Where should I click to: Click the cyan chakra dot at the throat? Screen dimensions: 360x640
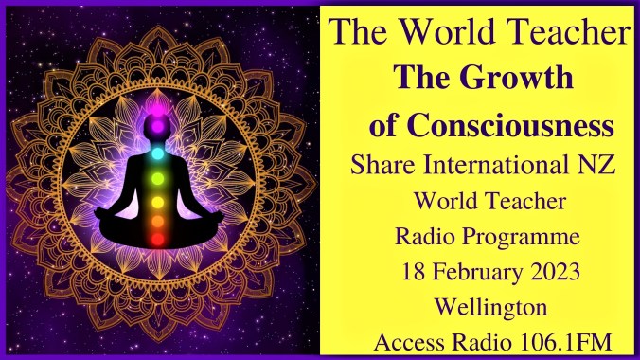click(159, 152)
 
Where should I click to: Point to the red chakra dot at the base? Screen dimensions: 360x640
click(159, 240)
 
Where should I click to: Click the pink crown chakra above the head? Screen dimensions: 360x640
click(159, 120)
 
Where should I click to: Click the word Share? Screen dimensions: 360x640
click(382, 165)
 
